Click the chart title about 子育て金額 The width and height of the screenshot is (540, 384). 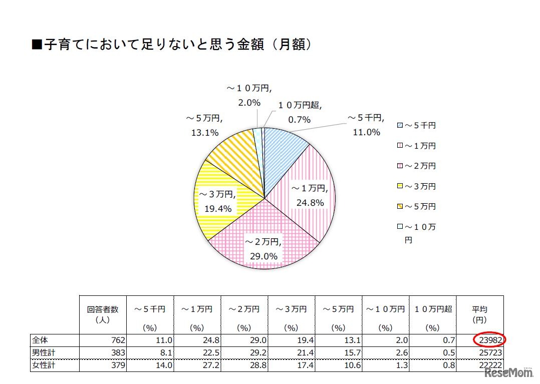pos(172,45)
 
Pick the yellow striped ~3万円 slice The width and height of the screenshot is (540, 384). pos(220,200)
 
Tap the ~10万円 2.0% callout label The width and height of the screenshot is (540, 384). pos(249,96)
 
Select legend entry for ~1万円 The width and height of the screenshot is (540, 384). pos(416,146)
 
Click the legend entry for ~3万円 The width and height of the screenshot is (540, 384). pos(416,186)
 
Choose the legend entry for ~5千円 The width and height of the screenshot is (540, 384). pos(416,125)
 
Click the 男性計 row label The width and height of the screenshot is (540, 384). pos(43,353)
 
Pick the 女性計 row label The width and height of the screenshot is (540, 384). pos(43,365)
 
